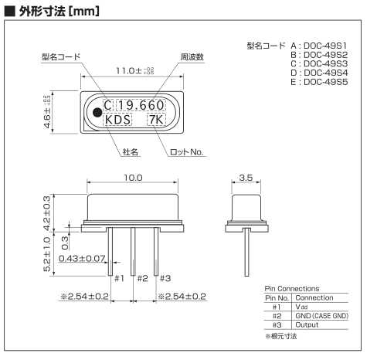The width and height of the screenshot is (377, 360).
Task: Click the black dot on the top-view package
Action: point(97,112)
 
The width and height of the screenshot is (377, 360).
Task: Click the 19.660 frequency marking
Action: point(141,105)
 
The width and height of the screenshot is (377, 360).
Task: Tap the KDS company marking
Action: point(117,120)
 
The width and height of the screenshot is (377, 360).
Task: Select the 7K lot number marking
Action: point(156,120)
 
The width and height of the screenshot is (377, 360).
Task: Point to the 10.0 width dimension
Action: point(133,178)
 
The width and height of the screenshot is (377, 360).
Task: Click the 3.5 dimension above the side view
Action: point(246,178)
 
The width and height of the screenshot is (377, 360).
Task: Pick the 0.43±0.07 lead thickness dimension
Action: point(82,258)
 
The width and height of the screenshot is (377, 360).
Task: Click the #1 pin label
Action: point(119,278)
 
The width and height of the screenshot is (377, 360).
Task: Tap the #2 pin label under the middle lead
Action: point(143,278)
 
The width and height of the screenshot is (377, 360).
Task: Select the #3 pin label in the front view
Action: point(165,278)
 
